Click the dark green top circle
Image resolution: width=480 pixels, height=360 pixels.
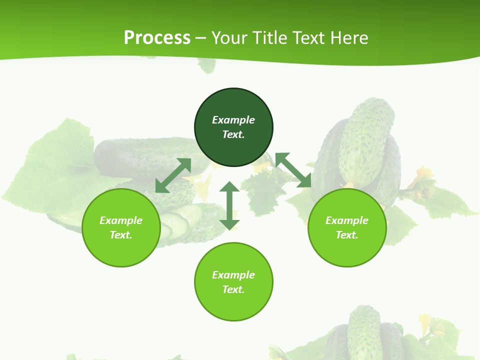click(233, 127)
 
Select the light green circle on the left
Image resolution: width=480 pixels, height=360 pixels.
click(121, 227)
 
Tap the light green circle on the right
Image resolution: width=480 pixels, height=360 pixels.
click(347, 227)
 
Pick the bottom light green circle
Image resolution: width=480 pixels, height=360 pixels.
click(233, 282)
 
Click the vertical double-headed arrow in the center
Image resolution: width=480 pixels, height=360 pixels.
click(229, 205)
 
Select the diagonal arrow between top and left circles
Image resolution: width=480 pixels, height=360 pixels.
click(173, 175)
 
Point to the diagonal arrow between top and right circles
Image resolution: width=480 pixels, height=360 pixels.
click(293, 170)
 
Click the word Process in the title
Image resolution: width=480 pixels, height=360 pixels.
click(157, 37)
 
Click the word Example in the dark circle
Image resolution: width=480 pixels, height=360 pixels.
click(233, 120)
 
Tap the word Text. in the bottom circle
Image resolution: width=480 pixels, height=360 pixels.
click(233, 289)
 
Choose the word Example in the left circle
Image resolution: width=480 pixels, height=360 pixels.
click(121, 220)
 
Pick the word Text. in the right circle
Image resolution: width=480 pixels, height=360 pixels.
click(347, 235)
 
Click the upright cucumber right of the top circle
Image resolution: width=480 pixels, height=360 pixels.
click(365, 142)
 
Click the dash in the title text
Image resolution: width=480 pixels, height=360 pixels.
click(201, 38)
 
